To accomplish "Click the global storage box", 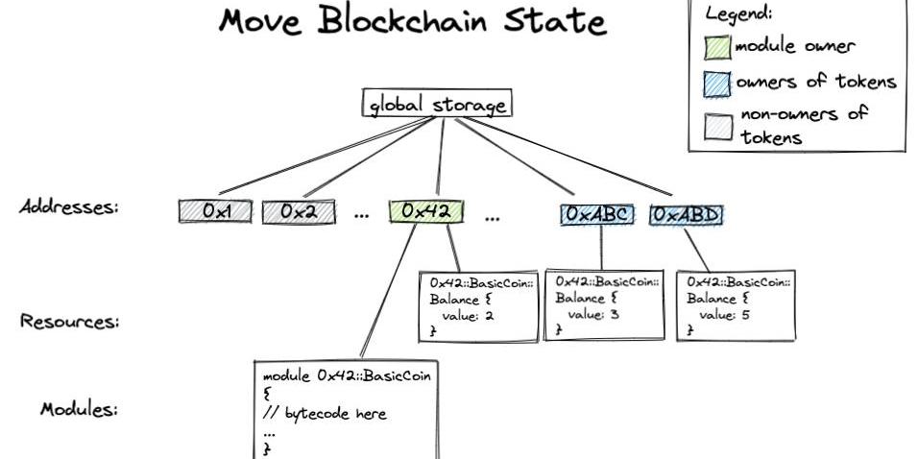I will tap(436, 104).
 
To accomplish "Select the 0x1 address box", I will tap(215, 211).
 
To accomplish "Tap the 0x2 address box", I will tap(299, 211).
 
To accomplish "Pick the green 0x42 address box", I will tap(426, 211).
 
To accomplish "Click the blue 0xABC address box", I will tap(597, 214).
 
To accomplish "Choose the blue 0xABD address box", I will tap(686, 214).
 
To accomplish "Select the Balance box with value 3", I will tap(604, 304).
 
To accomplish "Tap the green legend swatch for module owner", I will tap(718, 46).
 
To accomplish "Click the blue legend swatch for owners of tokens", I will tap(718, 84).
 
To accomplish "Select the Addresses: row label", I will tap(68, 207).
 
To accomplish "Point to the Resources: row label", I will tap(70, 322).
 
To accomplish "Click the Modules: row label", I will tap(79, 409).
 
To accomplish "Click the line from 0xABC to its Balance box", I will tap(602, 248).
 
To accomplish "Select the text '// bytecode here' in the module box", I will tap(324, 414).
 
